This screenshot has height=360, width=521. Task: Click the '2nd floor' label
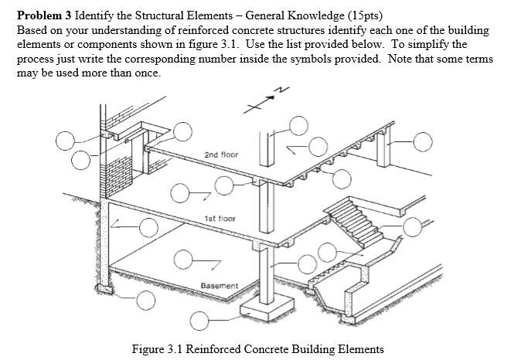[x=221, y=155]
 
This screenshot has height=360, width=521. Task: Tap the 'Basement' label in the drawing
[x=217, y=286]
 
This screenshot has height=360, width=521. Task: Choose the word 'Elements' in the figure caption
[x=358, y=349]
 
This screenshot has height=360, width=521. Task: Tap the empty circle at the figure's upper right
[x=424, y=141]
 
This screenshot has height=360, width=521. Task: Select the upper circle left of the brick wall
[x=65, y=141]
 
